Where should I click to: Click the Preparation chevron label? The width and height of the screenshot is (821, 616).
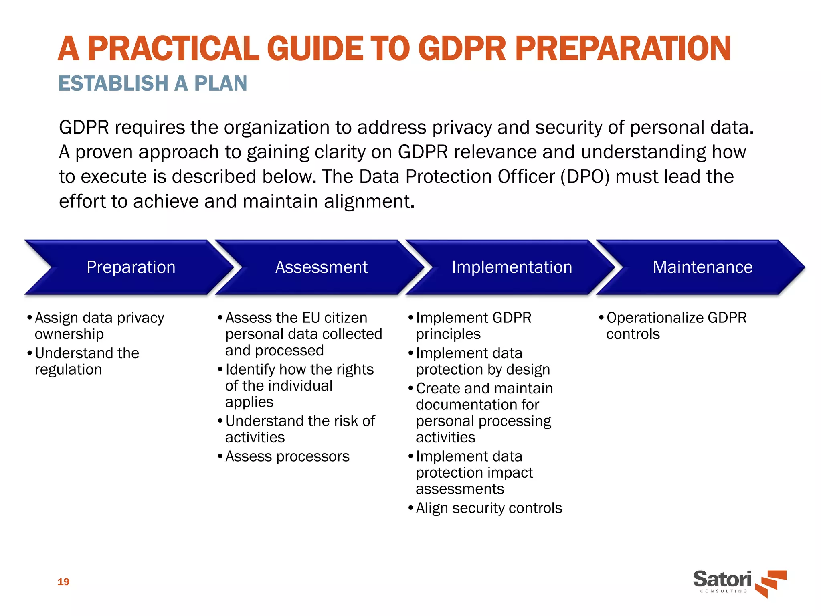131,267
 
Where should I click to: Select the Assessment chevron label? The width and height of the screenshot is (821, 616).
322,267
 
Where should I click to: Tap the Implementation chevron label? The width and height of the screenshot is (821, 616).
512,267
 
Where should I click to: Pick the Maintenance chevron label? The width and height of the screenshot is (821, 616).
702,267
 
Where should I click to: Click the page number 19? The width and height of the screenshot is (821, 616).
63,582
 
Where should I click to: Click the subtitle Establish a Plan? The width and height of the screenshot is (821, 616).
153,83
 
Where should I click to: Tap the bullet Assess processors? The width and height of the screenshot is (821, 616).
287,456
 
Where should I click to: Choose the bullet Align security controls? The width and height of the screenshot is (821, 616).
489,508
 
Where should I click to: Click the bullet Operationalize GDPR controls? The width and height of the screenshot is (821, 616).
676,326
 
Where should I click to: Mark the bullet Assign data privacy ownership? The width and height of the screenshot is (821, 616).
99,326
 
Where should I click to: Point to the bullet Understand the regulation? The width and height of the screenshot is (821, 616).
87,361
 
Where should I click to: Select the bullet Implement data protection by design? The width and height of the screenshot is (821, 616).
483,361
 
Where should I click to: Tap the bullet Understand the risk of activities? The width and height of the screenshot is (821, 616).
300,429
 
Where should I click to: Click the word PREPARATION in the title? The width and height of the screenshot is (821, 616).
623,49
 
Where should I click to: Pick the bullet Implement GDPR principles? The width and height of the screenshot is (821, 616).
473,326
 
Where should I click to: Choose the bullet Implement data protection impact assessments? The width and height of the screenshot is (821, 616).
474,472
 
